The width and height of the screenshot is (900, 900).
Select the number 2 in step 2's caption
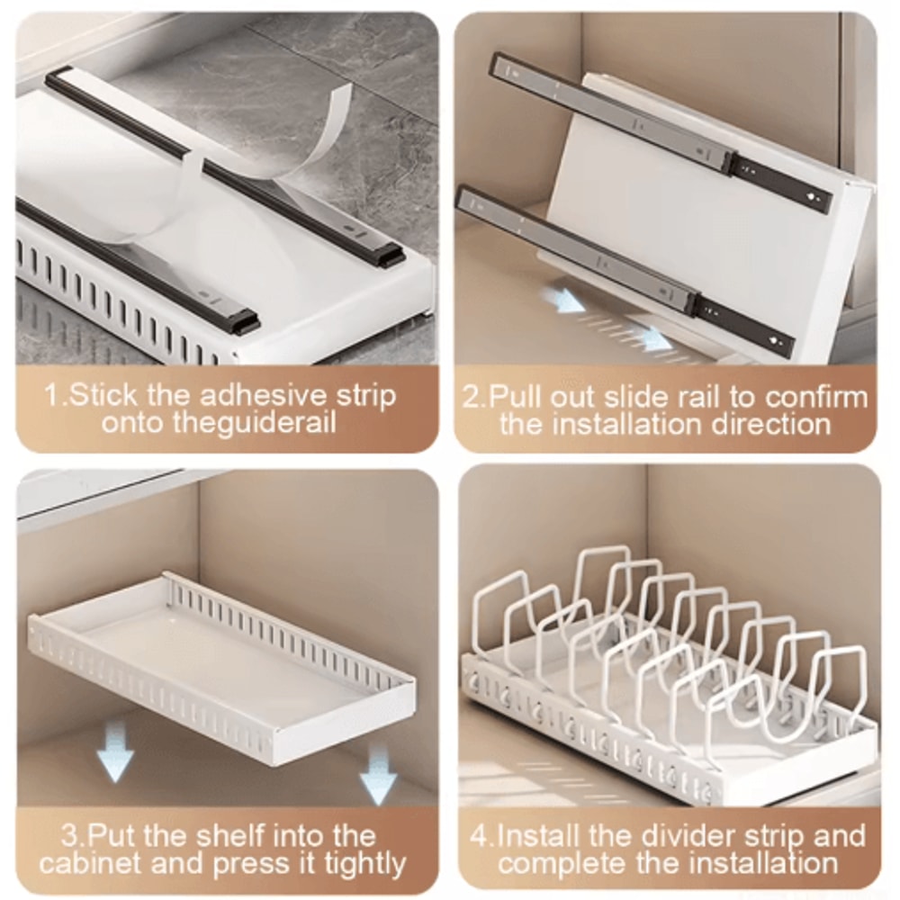(x=472, y=397)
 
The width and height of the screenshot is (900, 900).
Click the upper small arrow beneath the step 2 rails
(x=568, y=301)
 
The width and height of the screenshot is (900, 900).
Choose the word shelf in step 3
(x=229, y=836)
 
